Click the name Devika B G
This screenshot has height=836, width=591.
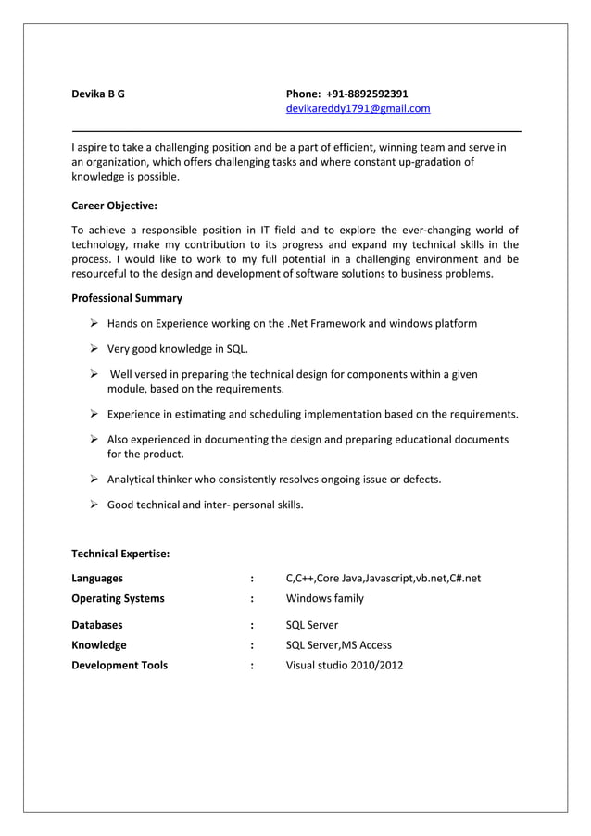tap(98, 94)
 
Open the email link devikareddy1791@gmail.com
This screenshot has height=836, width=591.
tap(358, 109)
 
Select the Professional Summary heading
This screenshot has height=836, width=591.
tap(127, 298)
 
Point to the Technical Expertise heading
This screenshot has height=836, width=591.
tap(120, 554)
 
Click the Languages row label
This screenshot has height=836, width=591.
tap(97, 579)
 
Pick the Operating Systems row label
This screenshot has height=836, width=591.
tap(118, 598)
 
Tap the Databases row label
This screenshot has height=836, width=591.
tap(97, 625)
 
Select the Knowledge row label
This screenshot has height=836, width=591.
tap(99, 645)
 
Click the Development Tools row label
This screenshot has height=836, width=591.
tap(119, 665)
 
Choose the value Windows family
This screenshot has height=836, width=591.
tap(324, 598)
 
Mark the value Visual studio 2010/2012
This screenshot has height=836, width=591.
tap(344, 665)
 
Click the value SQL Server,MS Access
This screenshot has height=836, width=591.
tap(338, 645)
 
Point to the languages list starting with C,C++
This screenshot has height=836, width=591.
tap(383, 579)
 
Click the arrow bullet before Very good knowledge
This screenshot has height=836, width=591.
tap(94, 349)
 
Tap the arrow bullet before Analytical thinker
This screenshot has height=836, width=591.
tap(94, 480)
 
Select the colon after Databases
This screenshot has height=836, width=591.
tap(252, 625)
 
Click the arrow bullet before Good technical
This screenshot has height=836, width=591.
tap(94, 505)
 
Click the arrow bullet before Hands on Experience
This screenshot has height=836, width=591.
tap(94, 324)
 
